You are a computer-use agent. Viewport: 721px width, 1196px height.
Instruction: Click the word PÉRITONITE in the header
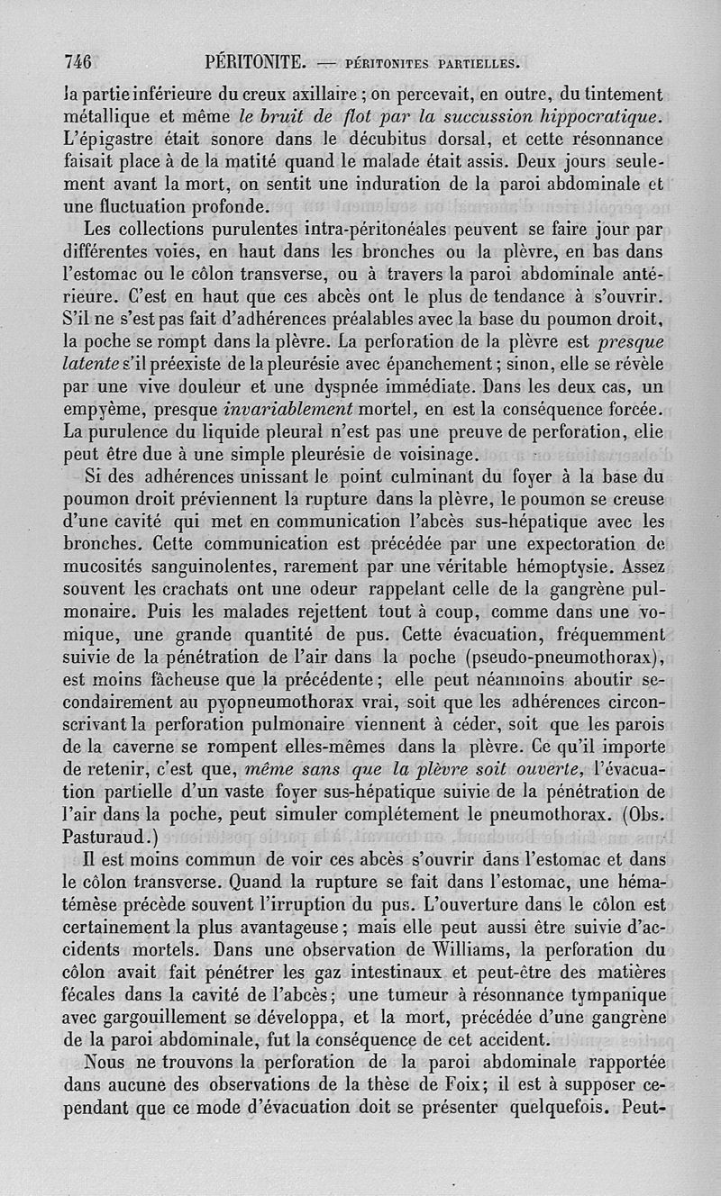[258, 62]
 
